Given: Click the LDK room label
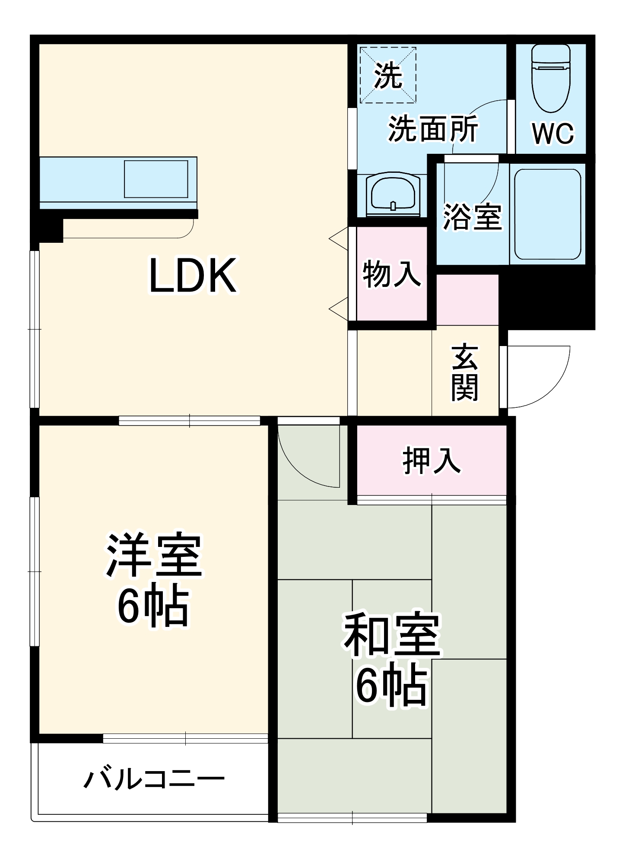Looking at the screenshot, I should pos(193,276).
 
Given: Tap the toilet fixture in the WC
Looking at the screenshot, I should pos(551,78).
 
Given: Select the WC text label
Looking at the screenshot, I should pos(553,133).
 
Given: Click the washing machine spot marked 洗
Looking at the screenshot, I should pos(388,76).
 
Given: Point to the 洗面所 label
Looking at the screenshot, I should pos(433,129).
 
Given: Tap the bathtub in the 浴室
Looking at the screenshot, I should pos(547,214).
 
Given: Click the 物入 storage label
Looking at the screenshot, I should pos(391,273).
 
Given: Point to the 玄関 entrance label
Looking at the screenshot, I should pos(465,372).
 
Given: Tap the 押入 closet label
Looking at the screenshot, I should pos(431,461).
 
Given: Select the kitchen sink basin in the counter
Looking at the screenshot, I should pos(156,179).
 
